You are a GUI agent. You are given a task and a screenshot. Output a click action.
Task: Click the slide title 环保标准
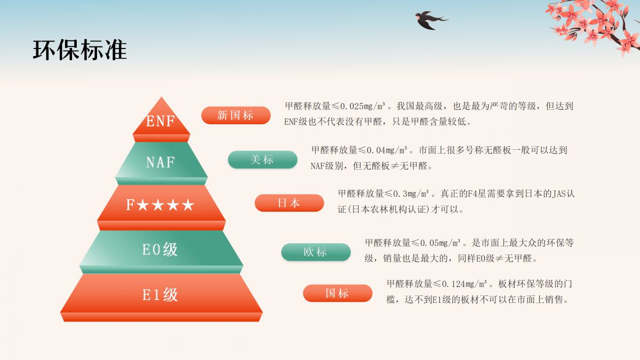[80, 50]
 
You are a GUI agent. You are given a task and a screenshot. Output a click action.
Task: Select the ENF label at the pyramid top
[161, 122]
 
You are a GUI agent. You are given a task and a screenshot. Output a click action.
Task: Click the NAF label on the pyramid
[161, 162]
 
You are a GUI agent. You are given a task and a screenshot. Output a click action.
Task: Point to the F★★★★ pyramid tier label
[160, 205]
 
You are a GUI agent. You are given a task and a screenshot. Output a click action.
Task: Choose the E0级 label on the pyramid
[160, 249]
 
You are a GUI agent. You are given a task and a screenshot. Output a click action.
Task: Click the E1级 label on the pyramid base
[160, 294]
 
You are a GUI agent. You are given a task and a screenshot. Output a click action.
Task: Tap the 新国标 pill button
[236, 115]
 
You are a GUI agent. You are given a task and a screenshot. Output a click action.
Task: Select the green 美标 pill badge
[262, 159]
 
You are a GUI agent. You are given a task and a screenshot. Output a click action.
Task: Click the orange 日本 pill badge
[289, 203]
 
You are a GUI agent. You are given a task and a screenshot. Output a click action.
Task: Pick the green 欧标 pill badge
[316, 252]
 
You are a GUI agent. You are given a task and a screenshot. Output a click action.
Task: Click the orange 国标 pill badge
[338, 293]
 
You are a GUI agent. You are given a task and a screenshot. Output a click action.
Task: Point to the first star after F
[143, 205]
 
